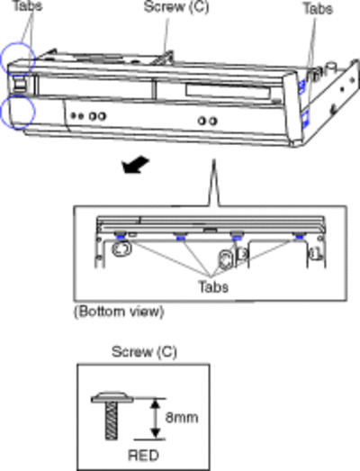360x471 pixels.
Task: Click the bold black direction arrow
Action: click(x=135, y=165)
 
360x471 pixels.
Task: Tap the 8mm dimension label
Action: click(x=182, y=418)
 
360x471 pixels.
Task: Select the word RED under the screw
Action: click(x=143, y=456)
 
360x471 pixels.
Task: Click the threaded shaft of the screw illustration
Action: click(x=111, y=421)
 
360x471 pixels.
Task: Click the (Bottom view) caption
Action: click(x=119, y=312)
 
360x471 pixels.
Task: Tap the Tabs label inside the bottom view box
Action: click(x=213, y=286)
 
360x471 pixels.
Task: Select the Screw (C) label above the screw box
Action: click(x=144, y=352)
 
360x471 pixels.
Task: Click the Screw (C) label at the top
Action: click(x=176, y=7)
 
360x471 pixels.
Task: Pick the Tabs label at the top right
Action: click(x=318, y=8)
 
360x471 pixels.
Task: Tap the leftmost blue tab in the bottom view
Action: click(x=120, y=238)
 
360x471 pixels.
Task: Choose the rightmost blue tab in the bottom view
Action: click(x=299, y=238)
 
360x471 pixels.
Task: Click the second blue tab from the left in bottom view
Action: click(x=180, y=239)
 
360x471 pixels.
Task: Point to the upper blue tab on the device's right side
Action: click(x=301, y=86)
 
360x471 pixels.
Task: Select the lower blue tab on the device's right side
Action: click(x=305, y=118)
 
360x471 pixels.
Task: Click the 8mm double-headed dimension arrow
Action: click(x=155, y=419)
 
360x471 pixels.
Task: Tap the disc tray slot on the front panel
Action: click(x=229, y=91)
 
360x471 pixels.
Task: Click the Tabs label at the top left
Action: click(x=27, y=5)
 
